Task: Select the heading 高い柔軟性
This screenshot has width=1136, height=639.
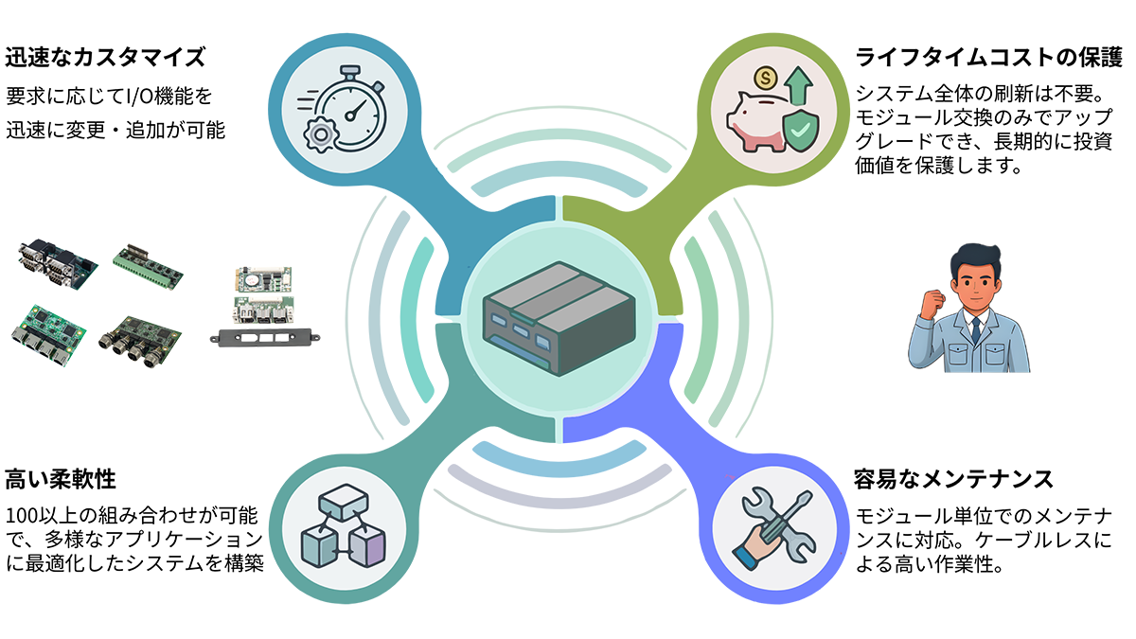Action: tap(62, 478)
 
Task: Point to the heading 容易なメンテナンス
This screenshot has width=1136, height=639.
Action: tap(953, 478)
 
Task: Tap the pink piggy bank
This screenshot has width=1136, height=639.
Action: tap(757, 122)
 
